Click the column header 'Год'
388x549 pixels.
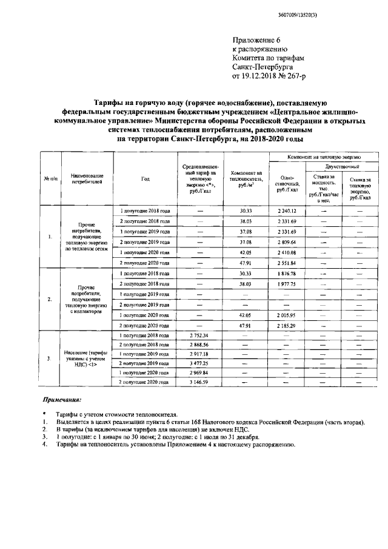145,179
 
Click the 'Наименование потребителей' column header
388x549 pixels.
83,178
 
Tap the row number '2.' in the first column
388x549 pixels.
50,299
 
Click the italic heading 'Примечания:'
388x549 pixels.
61,401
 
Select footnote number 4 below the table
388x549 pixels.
45,444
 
